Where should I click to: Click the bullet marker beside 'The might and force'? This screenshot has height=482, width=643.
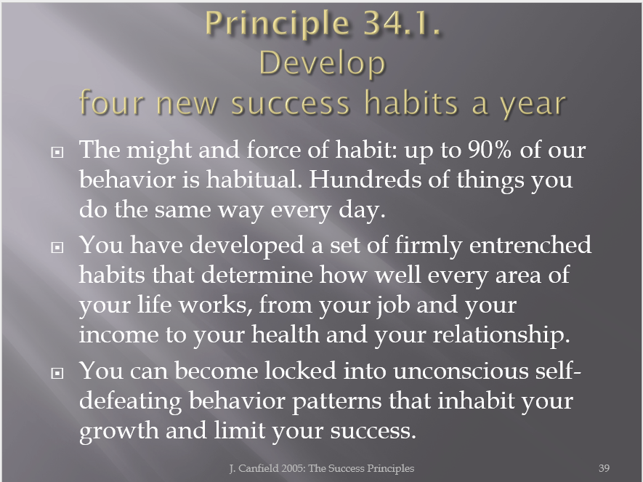click(x=57, y=152)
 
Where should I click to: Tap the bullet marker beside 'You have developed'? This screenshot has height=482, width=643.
click(x=57, y=247)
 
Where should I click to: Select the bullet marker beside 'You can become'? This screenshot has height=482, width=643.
click(x=57, y=373)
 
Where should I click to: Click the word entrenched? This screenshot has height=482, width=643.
click(x=530, y=244)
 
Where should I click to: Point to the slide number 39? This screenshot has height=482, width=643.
click(x=604, y=468)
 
